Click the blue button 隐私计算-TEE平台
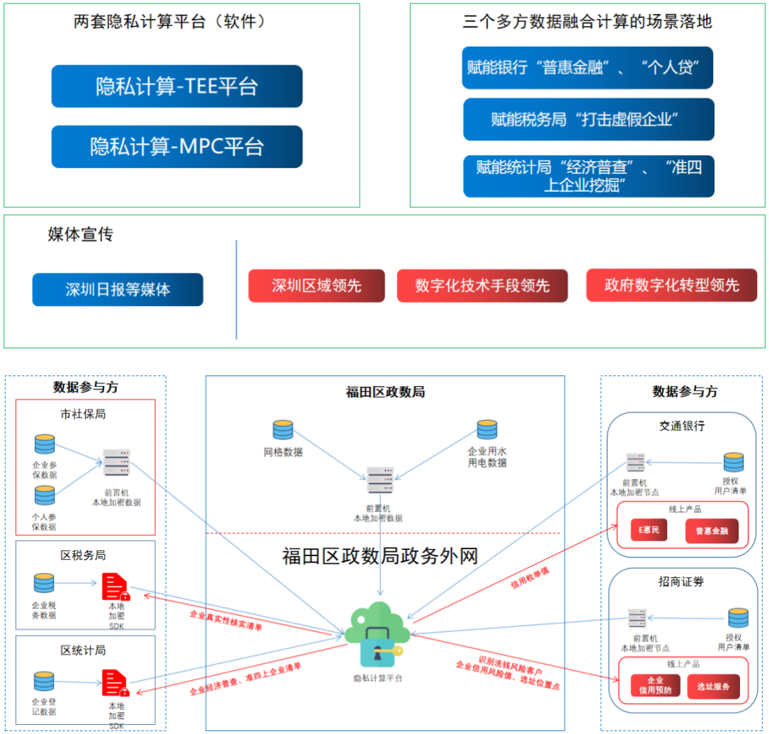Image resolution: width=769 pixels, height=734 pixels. [176, 86]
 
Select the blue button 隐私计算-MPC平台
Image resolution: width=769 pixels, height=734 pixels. [176, 147]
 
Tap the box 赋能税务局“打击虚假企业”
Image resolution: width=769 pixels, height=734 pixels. [588, 119]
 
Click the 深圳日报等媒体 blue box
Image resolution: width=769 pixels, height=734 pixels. [118, 290]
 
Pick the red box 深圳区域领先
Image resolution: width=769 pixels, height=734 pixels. [316, 286]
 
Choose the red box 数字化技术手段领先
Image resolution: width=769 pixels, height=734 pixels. [482, 286]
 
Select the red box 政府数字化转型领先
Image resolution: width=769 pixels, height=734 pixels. [671, 286]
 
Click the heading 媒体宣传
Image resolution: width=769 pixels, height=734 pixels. [80, 235]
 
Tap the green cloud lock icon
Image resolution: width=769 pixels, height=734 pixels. [378, 634]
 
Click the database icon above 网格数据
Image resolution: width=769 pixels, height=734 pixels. [283, 430]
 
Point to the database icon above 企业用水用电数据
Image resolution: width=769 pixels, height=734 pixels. [486, 430]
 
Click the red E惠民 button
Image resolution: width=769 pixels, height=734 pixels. [649, 530]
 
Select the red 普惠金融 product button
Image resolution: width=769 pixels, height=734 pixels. [711, 531]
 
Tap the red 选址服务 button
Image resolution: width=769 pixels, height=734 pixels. [712, 686]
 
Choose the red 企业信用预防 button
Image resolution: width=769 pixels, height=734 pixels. [655, 686]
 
